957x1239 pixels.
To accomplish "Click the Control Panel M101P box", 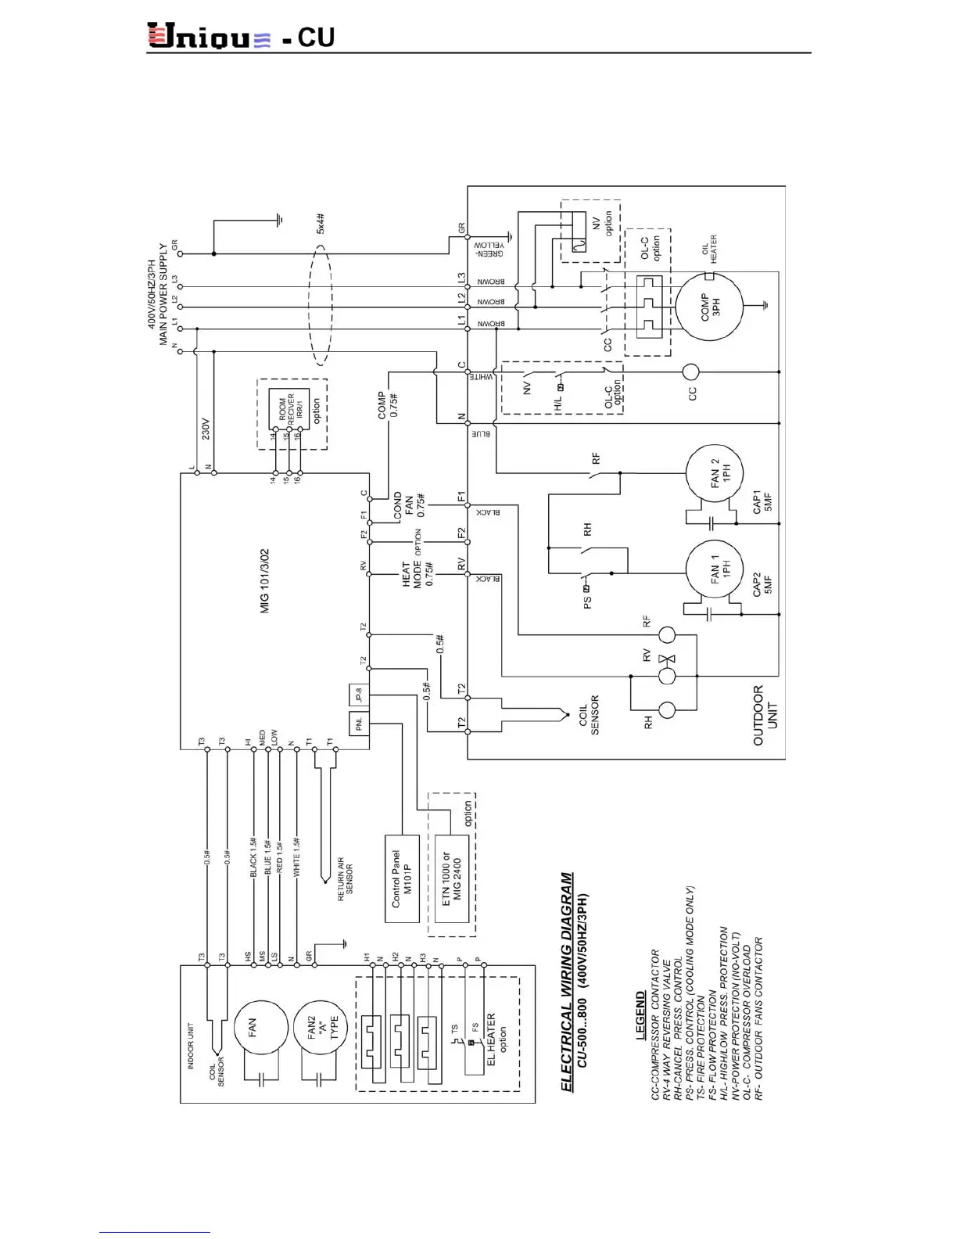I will pos(402,879).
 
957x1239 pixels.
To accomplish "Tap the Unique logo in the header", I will pos(210,37).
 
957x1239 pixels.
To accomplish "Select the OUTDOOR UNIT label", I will pos(765,716).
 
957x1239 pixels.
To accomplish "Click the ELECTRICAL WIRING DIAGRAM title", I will pos(568,982).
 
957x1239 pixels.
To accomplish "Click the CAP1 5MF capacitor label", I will pos(762,502).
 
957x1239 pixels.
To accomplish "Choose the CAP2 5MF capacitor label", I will pos(762,594).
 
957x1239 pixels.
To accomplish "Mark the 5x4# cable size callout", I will pos(321,224).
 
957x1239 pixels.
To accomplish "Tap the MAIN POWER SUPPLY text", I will pos(163,294).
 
